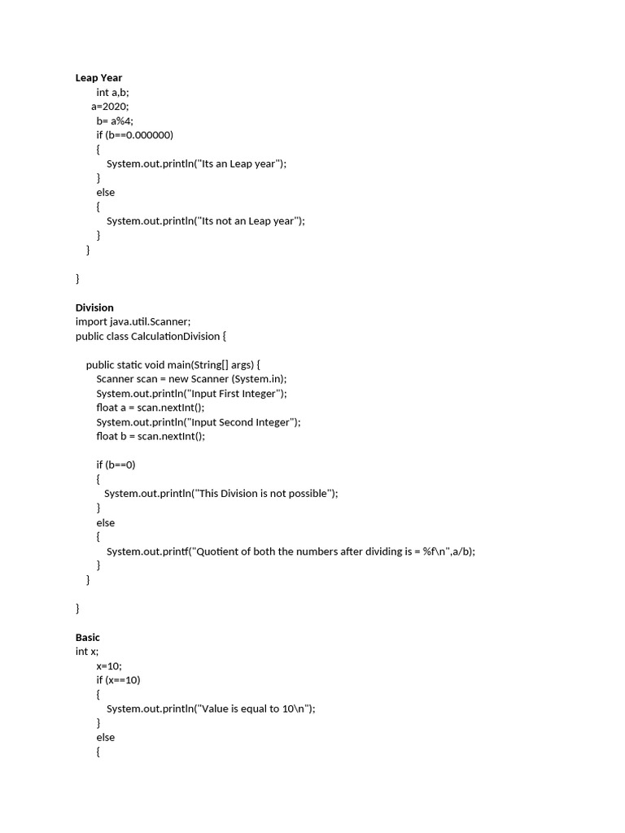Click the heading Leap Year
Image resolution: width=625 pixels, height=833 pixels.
point(98,78)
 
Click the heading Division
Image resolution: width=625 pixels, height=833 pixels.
point(94,307)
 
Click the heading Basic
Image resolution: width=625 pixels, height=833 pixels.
point(87,637)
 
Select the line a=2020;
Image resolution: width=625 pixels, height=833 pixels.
point(110,107)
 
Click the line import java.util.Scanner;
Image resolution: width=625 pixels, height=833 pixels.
point(133,321)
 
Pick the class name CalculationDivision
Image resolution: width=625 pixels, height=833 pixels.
point(174,336)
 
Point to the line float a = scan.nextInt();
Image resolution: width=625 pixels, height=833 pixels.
point(151,408)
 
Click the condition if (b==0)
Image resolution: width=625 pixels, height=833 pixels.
point(116,464)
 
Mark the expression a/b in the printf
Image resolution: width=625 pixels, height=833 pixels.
point(458,551)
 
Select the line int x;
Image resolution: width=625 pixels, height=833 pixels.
point(87,652)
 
